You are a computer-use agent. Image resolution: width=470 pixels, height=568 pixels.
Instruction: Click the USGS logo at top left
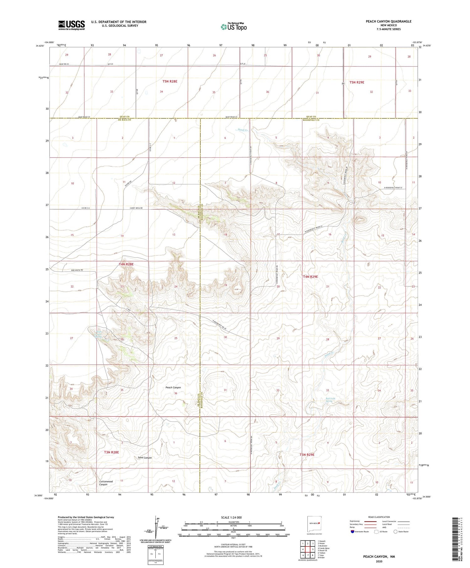pos(71,25)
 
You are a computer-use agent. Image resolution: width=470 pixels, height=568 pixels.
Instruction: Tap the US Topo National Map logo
pos(233,27)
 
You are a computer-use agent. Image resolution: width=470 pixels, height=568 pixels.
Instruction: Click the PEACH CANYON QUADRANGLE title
pos(389,21)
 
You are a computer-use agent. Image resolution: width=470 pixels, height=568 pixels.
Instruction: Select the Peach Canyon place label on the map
pos(173,388)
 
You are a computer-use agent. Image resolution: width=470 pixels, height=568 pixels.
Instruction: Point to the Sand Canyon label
pos(145,458)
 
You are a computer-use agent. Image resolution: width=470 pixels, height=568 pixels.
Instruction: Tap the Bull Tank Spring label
pos(328,400)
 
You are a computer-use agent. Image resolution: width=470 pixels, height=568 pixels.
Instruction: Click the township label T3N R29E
pos(307,455)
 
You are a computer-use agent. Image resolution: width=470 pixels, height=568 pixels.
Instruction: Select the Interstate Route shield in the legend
pos(352,532)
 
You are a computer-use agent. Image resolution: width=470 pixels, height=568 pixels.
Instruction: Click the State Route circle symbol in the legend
pos(396,532)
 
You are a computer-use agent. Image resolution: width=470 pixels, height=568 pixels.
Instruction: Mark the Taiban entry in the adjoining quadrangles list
pos(322,553)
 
